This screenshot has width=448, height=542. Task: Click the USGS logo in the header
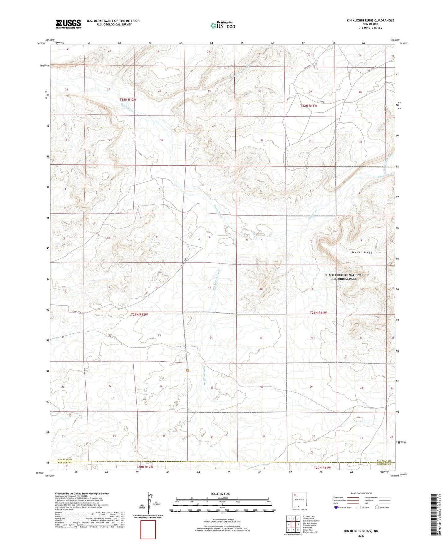(x=68, y=24)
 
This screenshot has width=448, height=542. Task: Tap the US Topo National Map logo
(x=223, y=25)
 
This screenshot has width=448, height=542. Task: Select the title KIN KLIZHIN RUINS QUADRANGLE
(x=370, y=20)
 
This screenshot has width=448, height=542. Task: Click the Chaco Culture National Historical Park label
(x=344, y=277)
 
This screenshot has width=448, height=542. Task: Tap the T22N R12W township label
(x=128, y=100)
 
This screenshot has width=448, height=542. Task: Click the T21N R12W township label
(x=139, y=314)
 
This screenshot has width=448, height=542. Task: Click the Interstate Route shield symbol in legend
(x=336, y=507)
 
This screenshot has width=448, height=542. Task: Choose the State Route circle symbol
(x=377, y=507)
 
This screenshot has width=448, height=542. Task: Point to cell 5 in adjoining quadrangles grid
(x=298, y=524)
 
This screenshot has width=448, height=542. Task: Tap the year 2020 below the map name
(x=361, y=535)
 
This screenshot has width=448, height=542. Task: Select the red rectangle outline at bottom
(x=148, y=530)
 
